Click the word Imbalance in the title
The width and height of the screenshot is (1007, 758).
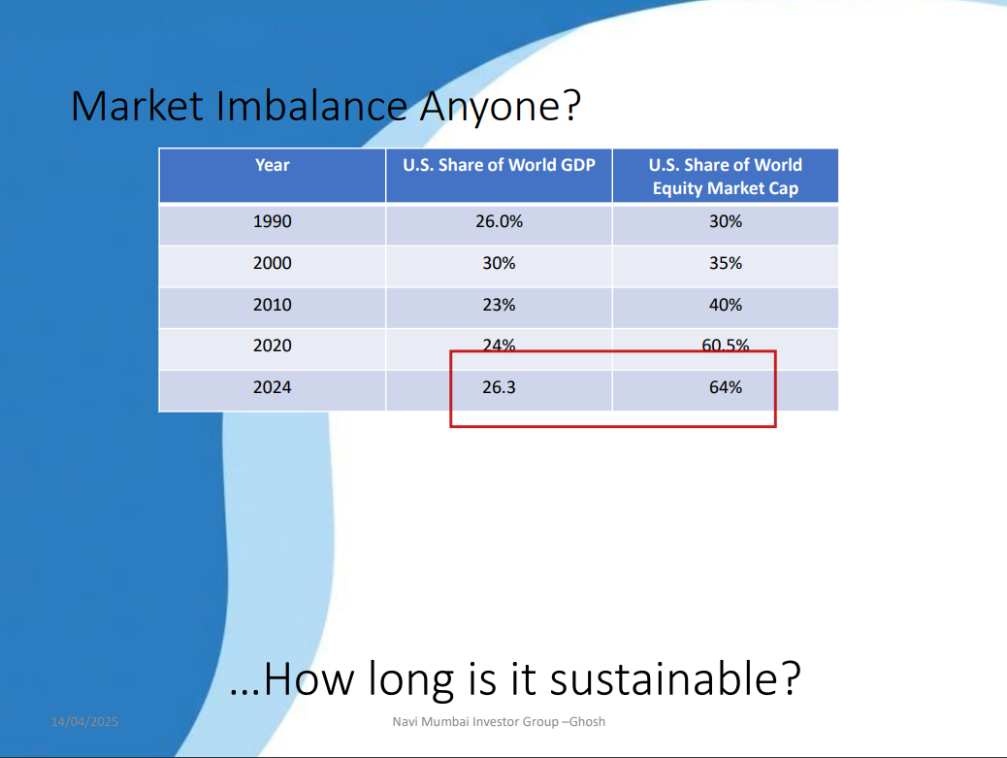(x=311, y=106)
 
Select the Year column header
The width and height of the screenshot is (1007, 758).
(x=273, y=165)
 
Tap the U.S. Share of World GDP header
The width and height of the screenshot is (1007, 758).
(x=499, y=165)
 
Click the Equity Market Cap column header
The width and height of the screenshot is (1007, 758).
(x=725, y=177)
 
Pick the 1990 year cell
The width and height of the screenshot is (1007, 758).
(x=273, y=221)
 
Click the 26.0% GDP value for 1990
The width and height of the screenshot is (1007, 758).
(x=499, y=221)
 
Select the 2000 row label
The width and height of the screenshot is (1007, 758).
(x=273, y=263)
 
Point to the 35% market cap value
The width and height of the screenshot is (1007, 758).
(x=725, y=263)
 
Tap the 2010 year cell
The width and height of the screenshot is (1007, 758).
(x=273, y=305)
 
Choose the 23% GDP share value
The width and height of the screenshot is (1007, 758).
(x=499, y=305)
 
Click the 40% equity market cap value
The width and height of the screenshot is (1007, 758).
(x=725, y=305)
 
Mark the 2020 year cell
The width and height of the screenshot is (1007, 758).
(x=273, y=346)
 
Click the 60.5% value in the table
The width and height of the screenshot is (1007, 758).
(x=725, y=346)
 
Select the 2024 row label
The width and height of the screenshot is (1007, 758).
(x=273, y=387)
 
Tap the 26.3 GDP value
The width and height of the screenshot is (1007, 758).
(x=499, y=387)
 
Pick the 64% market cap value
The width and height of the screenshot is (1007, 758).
(x=725, y=387)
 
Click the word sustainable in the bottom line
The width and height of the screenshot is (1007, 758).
(x=675, y=678)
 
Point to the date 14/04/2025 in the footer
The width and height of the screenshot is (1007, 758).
(x=84, y=722)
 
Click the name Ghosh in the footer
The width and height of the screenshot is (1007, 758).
(x=587, y=721)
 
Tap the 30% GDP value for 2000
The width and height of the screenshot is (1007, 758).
(x=499, y=263)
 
